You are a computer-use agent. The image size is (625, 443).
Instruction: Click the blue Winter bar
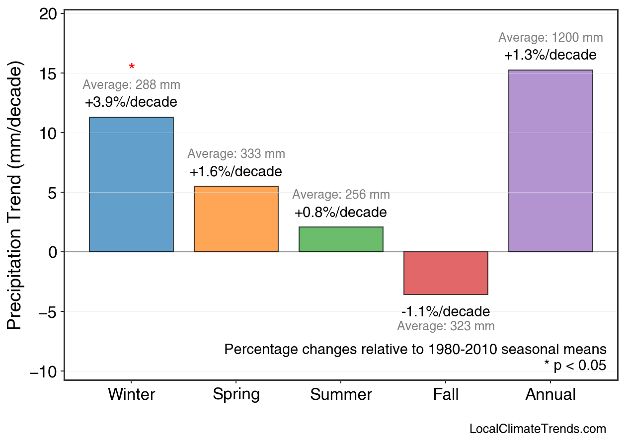click(x=131, y=184)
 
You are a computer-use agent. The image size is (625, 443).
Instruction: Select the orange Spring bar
click(x=236, y=219)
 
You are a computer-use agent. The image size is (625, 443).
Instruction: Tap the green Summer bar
click(x=341, y=239)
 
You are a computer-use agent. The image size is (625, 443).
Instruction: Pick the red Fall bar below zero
click(x=446, y=273)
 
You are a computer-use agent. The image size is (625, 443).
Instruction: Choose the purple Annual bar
click(x=550, y=161)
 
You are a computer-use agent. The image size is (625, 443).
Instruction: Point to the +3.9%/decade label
click(x=131, y=103)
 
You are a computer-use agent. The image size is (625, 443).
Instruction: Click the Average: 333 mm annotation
click(x=236, y=154)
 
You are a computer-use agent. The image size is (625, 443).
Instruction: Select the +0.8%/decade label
click(x=341, y=213)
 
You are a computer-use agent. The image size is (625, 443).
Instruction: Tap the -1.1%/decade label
click(x=446, y=312)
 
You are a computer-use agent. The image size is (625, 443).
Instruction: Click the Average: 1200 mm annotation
click(x=550, y=38)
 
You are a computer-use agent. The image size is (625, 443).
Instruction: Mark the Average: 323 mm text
click(x=446, y=326)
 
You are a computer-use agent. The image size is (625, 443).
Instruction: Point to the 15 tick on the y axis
click(x=48, y=74)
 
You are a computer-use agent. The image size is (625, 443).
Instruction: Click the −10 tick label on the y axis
click(x=44, y=371)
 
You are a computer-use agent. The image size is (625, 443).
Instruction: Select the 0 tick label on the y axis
click(x=53, y=252)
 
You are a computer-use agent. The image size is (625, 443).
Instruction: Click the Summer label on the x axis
click(x=341, y=395)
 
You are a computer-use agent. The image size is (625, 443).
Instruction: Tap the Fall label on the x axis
click(x=446, y=395)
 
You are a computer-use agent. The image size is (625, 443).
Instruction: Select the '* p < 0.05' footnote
click(x=575, y=366)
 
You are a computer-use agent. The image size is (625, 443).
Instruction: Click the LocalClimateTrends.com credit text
click(x=538, y=429)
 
